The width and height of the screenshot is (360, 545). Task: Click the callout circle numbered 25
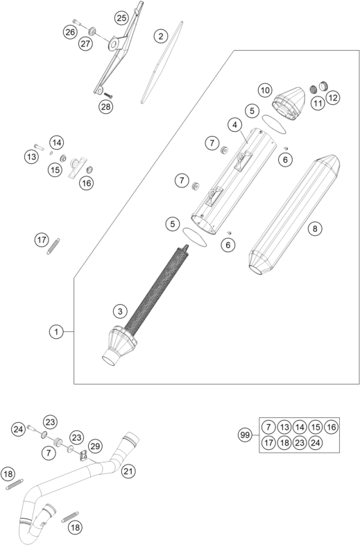coord(121,18)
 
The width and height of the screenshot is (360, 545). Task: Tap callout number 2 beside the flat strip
coord(160,36)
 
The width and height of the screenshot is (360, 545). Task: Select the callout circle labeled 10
coord(265,91)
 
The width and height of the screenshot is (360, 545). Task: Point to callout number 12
coord(332,98)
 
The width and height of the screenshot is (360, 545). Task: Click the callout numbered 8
coord(315,228)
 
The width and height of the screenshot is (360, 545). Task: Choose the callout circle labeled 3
coord(120,311)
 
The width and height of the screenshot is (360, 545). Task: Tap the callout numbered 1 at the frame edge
coord(56,332)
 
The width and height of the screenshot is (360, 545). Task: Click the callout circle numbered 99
coord(245,435)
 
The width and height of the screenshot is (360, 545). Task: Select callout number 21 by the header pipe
coord(128,471)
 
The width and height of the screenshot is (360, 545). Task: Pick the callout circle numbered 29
coord(95,446)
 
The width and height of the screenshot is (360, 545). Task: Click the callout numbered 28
coord(105,106)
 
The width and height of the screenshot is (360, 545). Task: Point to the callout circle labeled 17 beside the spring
coord(42,240)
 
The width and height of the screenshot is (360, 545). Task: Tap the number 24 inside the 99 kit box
coord(315,442)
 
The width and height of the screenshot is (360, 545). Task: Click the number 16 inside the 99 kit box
coord(331,427)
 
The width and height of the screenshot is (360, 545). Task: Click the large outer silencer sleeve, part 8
coord(294,215)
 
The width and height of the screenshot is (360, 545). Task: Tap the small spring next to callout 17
coord(53,246)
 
